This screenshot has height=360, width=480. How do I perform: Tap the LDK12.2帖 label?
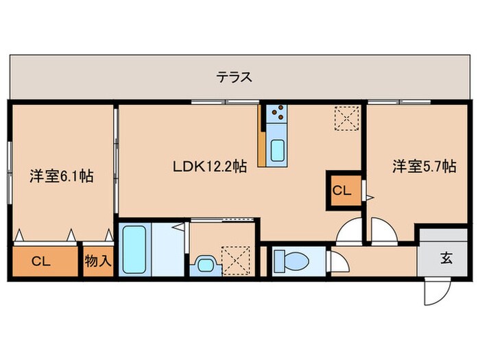(x=209, y=165)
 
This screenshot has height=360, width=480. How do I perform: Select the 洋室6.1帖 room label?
(x=61, y=176)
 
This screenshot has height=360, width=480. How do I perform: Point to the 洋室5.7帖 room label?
(x=424, y=165)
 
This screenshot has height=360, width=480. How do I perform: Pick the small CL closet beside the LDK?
(x=341, y=190)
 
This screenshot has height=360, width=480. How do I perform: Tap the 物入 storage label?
(x=98, y=261)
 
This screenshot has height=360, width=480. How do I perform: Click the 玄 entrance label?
(x=446, y=259)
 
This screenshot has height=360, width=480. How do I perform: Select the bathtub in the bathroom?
(x=134, y=250)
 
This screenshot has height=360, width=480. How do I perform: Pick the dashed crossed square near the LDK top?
(x=346, y=118)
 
